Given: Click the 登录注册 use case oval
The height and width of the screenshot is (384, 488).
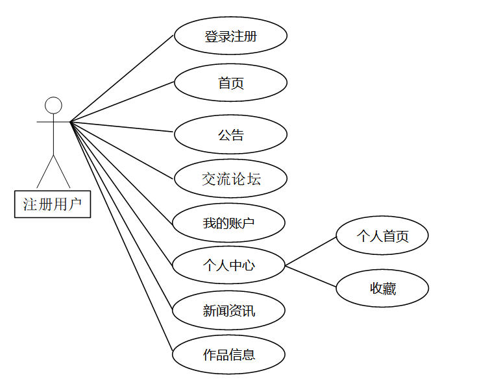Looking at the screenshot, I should (x=230, y=36).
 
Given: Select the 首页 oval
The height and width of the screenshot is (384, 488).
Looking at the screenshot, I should (x=230, y=83).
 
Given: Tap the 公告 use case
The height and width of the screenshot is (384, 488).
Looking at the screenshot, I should (x=230, y=135).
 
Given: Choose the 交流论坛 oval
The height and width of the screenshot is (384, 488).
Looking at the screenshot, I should (x=230, y=178).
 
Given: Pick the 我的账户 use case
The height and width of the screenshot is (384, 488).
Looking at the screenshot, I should (x=228, y=223).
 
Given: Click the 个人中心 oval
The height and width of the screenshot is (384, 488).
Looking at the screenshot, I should (x=228, y=265).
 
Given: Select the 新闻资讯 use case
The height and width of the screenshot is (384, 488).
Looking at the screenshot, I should (x=228, y=311).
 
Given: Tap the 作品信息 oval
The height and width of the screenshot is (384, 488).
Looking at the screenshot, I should (x=228, y=355).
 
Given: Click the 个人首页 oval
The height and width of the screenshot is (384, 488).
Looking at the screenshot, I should (x=382, y=236).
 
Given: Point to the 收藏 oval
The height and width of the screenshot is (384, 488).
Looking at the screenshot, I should (x=382, y=289).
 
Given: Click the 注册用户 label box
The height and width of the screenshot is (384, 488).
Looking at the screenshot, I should (x=53, y=205).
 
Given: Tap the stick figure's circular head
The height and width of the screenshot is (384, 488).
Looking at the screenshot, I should (x=53, y=105).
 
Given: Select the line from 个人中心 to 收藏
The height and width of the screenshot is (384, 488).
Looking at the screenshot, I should (x=311, y=276).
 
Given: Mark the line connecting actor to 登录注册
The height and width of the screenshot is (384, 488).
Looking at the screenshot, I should (x=122, y=78).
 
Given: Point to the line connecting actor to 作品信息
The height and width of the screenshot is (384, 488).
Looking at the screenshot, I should (x=121, y=237).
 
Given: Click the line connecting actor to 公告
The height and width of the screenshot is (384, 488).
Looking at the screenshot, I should (x=122, y=126).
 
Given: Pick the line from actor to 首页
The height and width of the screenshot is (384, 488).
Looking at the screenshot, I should (x=122, y=102).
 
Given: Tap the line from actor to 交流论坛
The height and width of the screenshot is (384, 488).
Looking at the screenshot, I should (x=122, y=150).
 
